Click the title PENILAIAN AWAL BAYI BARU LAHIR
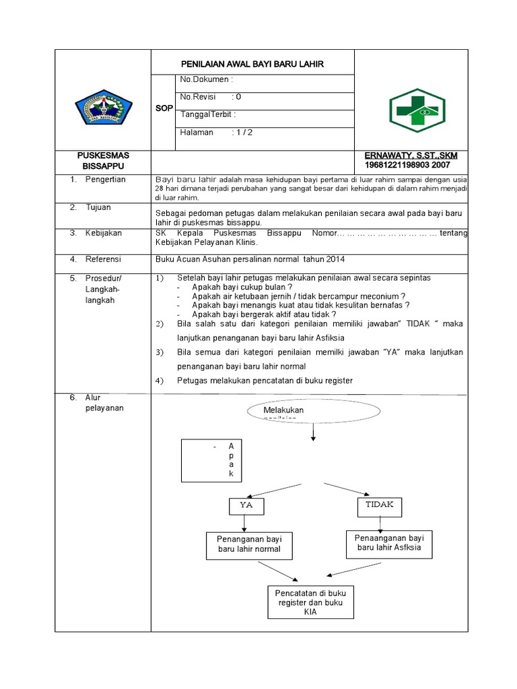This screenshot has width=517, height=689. [x=252, y=65]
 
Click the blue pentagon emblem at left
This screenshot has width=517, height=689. [x=100, y=108]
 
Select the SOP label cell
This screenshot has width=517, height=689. [x=164, y=108]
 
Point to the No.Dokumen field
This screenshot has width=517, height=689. [x=207, y=80]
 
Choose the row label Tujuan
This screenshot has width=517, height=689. [x=98, y=207]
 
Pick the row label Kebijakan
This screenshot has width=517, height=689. [x=103, y=233]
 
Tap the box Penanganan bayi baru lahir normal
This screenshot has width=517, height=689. [x=244, y=544]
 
